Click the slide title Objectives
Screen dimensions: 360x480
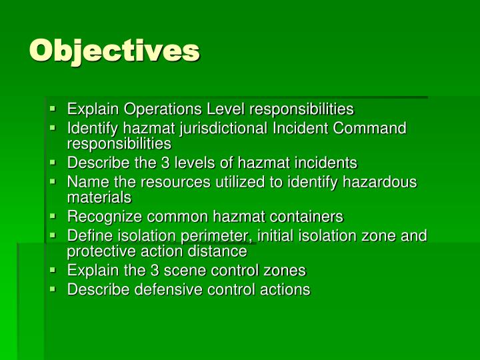point(114,51)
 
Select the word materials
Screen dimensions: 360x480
point(99,197)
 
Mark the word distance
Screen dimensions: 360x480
point(217,251)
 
